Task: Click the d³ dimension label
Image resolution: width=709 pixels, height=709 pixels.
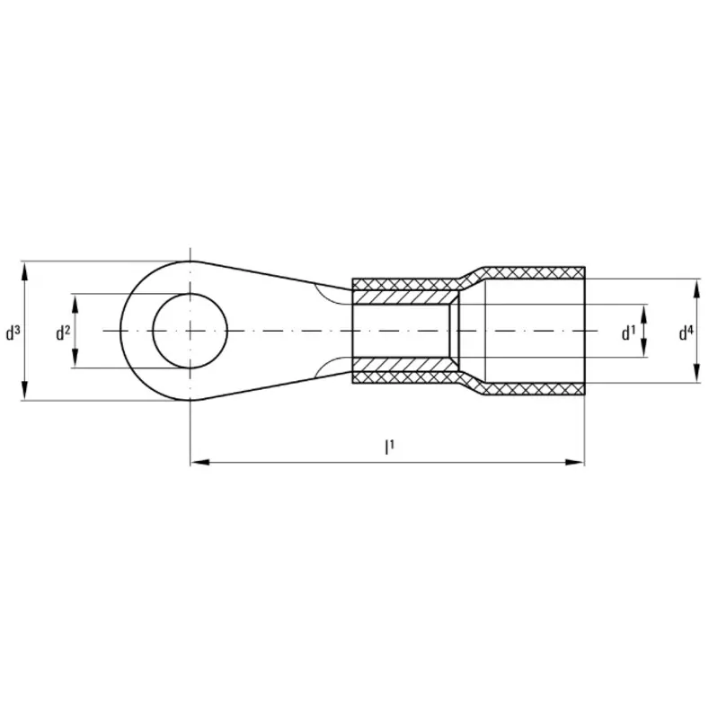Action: point(13,332)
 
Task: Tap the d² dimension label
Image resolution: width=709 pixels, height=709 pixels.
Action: point(63,332)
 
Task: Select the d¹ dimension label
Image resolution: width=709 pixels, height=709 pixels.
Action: point(628,332)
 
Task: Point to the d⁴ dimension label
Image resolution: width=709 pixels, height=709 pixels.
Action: point(686,332)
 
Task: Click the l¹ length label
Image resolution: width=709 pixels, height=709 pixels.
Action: point(389,448)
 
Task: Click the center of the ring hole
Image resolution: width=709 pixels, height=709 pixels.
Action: point(190,331)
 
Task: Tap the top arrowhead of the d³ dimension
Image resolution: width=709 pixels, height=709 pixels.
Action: point(25,271)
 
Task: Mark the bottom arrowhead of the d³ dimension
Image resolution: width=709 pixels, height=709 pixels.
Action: point(25,391)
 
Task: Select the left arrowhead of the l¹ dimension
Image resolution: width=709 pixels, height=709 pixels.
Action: point(199,462)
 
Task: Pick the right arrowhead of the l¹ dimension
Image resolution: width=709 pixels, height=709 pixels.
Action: point(575,462)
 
